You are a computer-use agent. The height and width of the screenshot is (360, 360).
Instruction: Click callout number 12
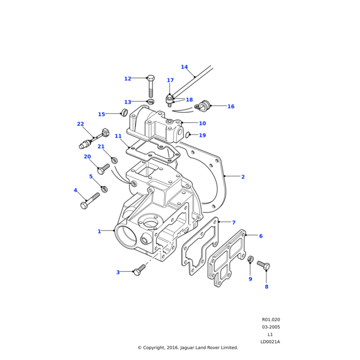[127, 79]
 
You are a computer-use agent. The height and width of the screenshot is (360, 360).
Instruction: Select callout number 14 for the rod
[184, 67]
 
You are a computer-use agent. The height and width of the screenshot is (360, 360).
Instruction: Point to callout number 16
[230, 106]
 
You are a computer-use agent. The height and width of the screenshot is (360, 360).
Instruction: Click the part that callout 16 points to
[206, 106]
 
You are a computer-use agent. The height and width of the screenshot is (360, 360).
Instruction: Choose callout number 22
[80, 124]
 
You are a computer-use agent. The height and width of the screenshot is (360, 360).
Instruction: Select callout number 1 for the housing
[100, 231]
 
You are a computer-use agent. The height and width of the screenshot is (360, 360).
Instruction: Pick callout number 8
[266, 287]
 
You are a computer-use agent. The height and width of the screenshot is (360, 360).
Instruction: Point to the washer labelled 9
[250, 259]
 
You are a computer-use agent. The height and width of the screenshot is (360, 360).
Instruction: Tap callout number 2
[242, 177]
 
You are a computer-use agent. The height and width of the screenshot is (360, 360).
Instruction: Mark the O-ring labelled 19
[188, 135]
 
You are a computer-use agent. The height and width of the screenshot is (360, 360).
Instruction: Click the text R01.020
[271, 320]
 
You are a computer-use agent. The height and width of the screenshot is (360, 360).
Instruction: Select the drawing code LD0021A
[270, 341]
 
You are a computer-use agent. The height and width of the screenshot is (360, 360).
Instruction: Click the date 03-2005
[271, 327]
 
